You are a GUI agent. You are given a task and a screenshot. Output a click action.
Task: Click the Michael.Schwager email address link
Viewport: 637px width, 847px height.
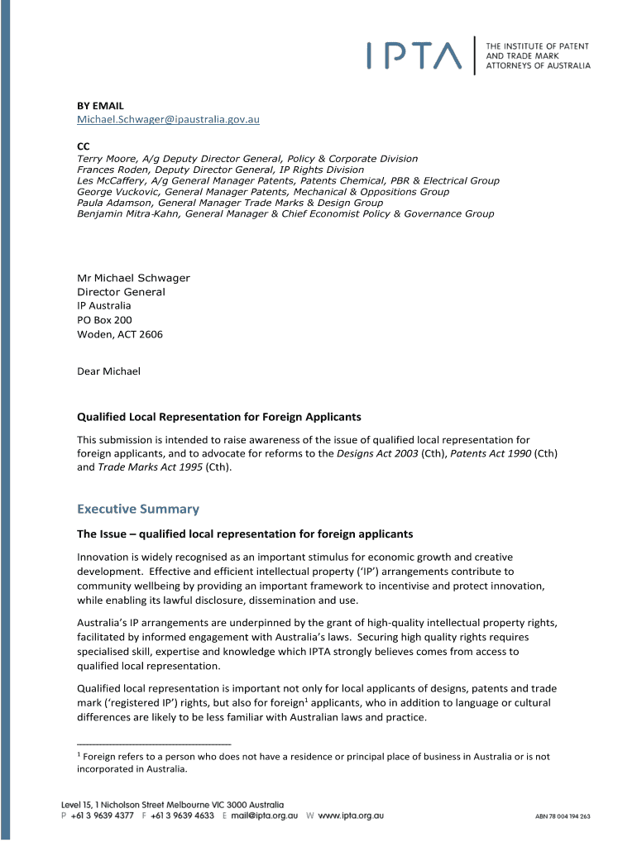(169, 119)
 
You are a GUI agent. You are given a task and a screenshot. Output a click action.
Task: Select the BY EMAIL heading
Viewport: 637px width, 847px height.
(100, 105)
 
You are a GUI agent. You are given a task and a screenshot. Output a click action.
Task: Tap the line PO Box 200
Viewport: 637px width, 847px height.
(104, 319)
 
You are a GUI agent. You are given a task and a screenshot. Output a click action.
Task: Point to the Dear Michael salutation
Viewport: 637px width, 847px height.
(108, 371)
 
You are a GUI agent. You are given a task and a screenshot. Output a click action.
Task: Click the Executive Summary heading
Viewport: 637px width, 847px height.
(138, 509)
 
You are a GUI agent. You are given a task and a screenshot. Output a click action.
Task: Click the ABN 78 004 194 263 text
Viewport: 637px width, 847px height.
(563, 816)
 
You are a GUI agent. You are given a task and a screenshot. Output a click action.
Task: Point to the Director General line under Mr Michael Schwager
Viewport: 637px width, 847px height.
(121, 292)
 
